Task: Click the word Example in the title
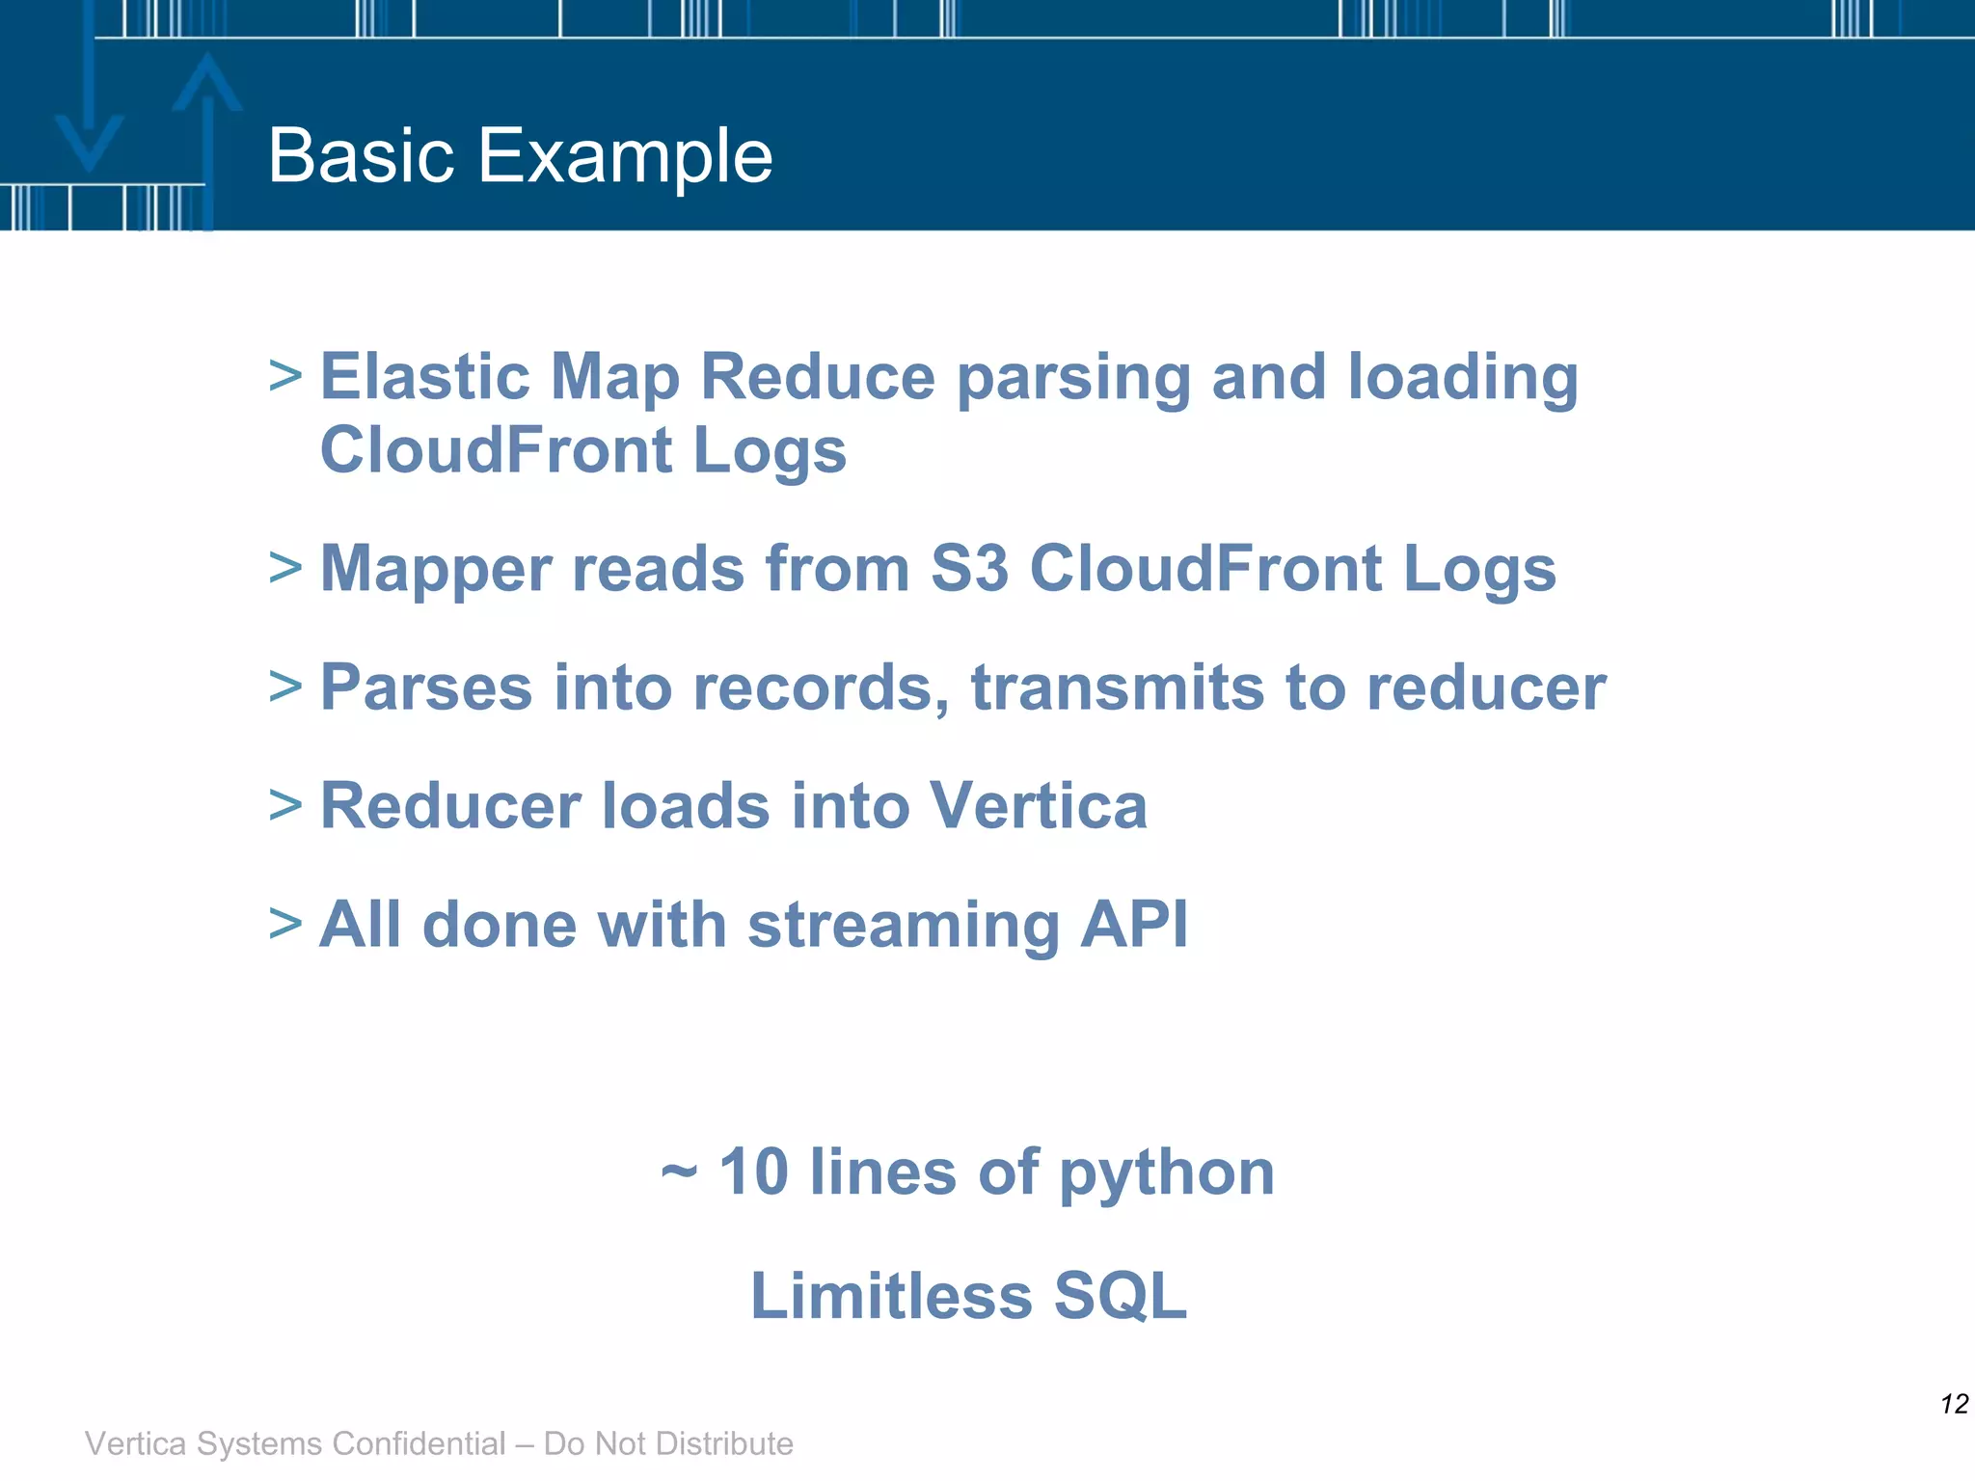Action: click(625, 156)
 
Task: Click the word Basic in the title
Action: click(361, 156)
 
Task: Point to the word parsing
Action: click(1073, 379)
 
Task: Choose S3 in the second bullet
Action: click(969, 569)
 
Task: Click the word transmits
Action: click(1117, 688)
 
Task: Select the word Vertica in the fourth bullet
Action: click(1038, 806)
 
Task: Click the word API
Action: click(1134, 925)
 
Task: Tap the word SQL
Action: click(1120, 1295)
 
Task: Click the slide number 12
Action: click(1954, 1404)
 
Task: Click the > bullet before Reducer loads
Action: click(285, 805)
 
